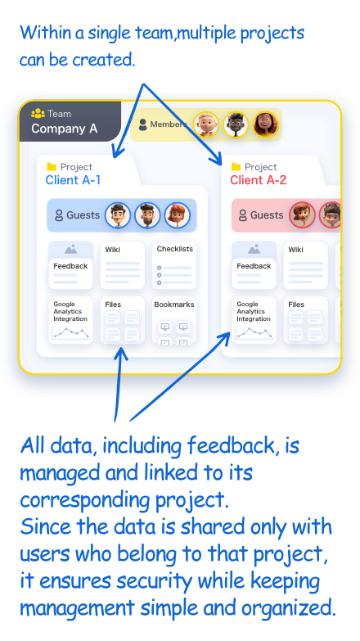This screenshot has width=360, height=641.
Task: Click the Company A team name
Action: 64,129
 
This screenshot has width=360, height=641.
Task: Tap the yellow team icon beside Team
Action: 38,113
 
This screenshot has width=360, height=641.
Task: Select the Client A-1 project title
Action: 73,180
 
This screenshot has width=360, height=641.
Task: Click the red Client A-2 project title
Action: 259,180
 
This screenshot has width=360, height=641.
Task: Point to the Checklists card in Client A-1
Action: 174,265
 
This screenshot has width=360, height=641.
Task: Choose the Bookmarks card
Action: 174,320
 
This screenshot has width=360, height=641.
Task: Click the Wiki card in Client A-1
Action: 122,265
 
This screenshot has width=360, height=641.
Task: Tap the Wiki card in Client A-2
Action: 306,265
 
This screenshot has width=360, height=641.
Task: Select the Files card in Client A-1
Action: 122,320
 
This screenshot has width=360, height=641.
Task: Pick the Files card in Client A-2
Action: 306,320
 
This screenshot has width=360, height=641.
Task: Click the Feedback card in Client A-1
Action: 70,265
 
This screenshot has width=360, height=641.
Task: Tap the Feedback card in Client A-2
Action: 254,265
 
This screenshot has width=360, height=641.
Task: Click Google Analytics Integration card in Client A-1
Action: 70,320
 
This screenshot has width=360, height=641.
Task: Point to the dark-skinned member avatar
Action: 236,124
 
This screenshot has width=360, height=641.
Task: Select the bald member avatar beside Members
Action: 206,124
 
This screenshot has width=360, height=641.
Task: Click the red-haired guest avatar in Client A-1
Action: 178,215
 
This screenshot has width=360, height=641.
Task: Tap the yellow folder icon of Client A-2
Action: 236,167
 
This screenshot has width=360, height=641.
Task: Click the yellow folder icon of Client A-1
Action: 52,167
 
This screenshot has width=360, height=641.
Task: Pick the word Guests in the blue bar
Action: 83,215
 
